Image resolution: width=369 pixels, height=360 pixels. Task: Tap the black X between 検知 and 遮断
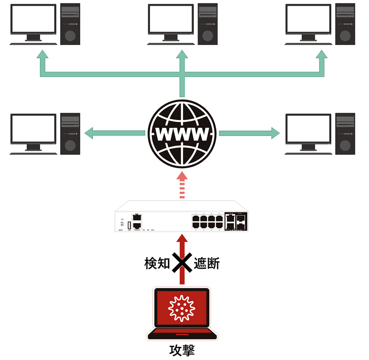tap(182, 263)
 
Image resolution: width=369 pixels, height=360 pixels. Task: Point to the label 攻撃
tap(182, 350)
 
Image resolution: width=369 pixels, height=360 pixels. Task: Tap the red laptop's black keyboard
tap(182, 333)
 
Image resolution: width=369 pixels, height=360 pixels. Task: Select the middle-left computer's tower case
tap(70, 134)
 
